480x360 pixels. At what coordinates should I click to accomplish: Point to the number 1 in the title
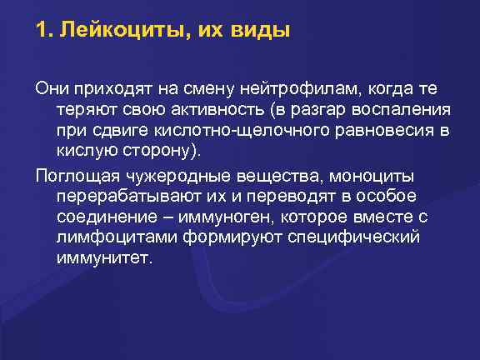coord(42,32)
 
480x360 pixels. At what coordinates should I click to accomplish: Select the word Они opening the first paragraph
coord(49,89)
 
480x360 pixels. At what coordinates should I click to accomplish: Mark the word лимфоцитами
coord(112,238)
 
